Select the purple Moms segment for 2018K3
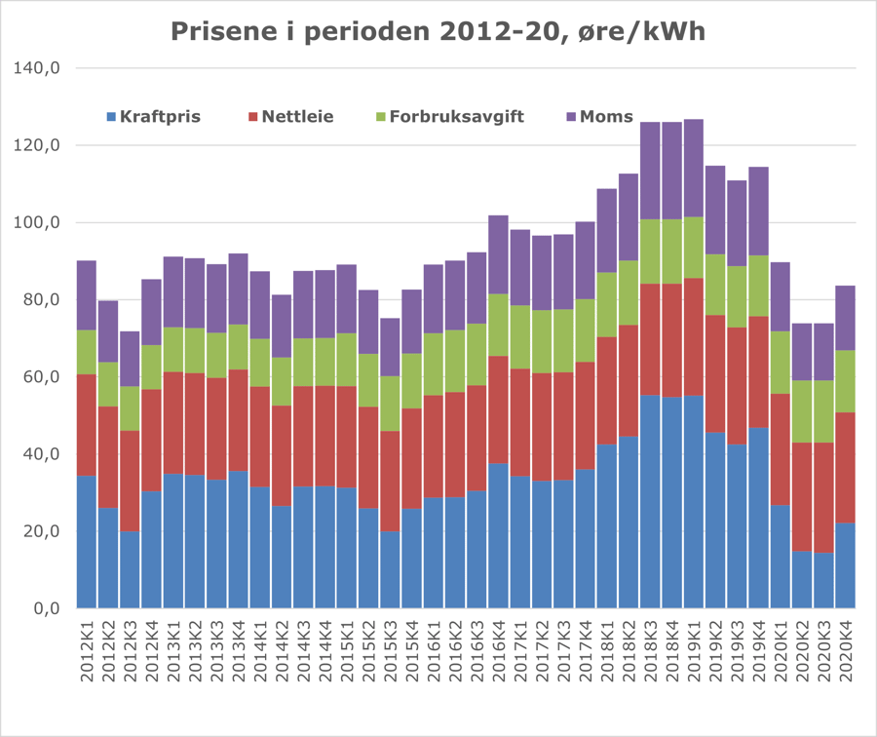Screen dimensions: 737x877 click(650, 171)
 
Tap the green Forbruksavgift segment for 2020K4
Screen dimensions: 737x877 click(845, 381)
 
